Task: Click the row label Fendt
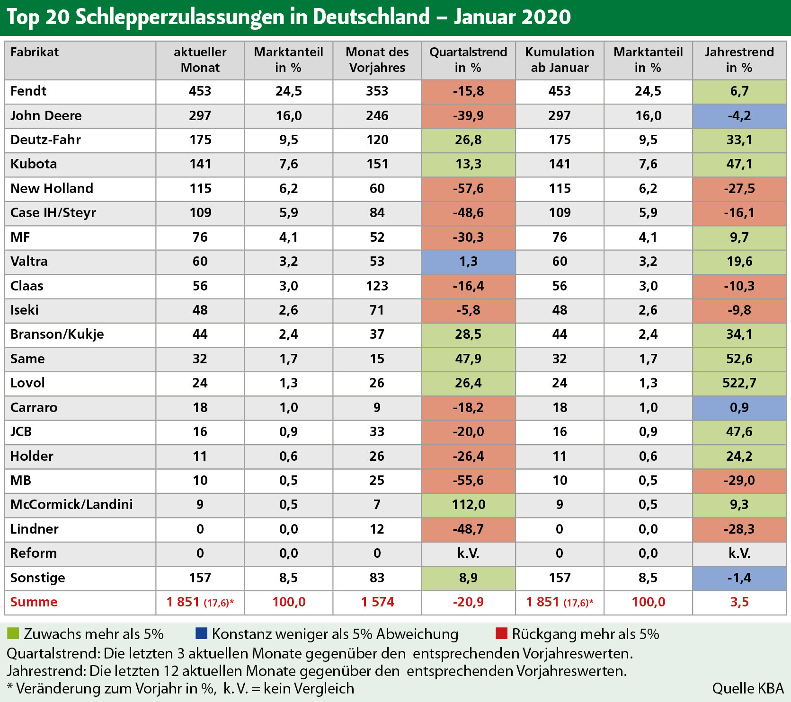(x=28, y=91)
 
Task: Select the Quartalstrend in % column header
(x=468, y=60)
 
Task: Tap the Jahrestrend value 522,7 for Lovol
(x=739, y=383)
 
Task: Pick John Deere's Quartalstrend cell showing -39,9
(x=468, y=115)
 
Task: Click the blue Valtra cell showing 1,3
(x=468, y=261)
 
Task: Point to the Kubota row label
(x=34, y=164)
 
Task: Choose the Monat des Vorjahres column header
(x=377, y=60)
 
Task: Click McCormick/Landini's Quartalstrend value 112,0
(x=468, y=504)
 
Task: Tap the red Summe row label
(x=34, y=602)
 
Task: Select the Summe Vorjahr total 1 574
(x=377, y=602)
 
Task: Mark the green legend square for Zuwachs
(x=13, y=633)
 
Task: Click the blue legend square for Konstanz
(x=201, y=633)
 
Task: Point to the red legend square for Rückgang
(x=501, y=633)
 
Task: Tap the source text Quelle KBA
(x=748, y=688)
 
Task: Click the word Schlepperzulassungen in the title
(x=180, y=17)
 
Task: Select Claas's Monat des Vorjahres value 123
(x=377, y=286)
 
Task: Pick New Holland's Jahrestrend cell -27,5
(x=739, y=188)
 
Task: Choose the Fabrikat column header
(x=35, y=52)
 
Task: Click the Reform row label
(x=34, y=553)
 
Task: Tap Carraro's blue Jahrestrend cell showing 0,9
(x=739, y=407)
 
